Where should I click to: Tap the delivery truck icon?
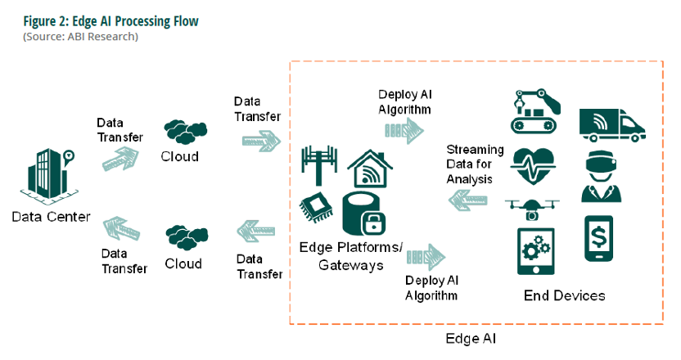[612, 125]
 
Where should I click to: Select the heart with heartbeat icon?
[533, 166]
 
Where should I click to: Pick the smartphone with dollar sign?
[598, 238]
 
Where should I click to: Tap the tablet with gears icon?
[536, 251]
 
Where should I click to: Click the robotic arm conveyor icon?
[535, 111]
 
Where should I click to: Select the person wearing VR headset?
[601, 176]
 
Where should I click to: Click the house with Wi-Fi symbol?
[370, 169]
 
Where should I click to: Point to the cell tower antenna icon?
[319, 165]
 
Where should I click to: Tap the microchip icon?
[316, 207]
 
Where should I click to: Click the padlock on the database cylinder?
[373, 223]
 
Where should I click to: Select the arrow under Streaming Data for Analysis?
[467, 200]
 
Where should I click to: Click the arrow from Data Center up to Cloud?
[120, 159]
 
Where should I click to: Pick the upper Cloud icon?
[186, 132]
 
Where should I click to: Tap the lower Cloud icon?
[187, 237]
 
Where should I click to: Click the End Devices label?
[564, 295]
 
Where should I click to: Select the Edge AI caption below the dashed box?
[471, 339]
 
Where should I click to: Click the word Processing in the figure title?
[142, 21]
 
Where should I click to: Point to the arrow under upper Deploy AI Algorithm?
[404, 130]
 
